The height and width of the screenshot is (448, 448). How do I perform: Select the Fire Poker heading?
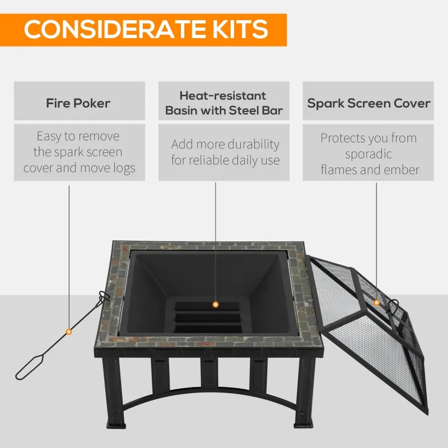pyautogui.click(x=78, y=104)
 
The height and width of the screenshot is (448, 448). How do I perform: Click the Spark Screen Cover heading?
pyautogui.click(x=368, y=104)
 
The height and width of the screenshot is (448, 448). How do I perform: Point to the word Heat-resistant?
pyautogui.click(x=223, y=96)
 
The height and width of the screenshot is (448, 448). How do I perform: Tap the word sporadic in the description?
pyautogui.click(x=368, y=154)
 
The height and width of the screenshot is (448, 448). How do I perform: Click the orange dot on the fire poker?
pyautogui.click(x=69, y=332)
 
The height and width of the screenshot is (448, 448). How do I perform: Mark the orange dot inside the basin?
pyautogui.click(x=215, y=304)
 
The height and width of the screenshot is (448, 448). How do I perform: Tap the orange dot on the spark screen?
pyautogui.click(x=376, y=303)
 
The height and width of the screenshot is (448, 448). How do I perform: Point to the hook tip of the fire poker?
pyautogui.click(x=101, y=296)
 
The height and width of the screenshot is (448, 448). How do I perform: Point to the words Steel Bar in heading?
pyautogui.click(x=255, y=110)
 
